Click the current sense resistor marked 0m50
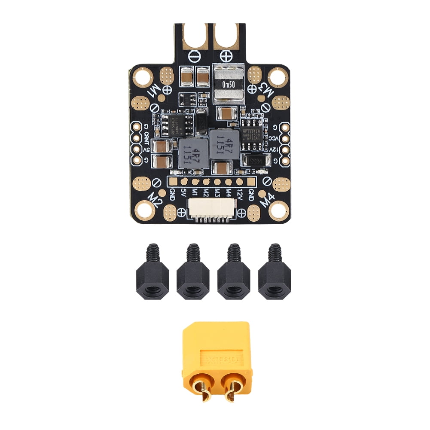(228, 84)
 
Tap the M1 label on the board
(154, 90)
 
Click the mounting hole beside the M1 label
(141, 77)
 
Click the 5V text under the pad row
(184, 193)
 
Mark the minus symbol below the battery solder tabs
(194, 55)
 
